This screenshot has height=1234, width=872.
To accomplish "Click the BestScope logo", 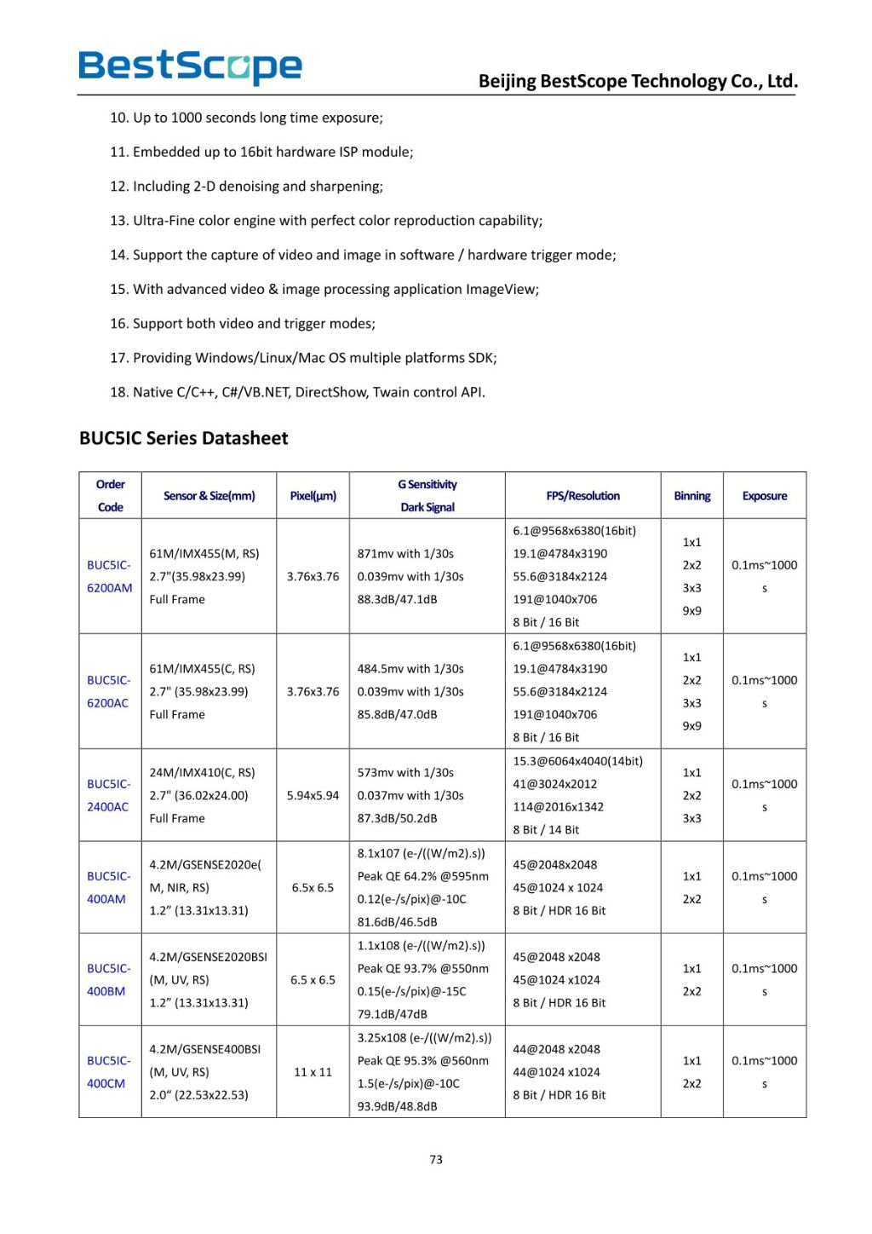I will point(190,66).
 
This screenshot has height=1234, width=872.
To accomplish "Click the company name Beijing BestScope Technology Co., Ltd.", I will point(638,81).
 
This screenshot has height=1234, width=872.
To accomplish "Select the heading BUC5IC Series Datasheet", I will point(183,438).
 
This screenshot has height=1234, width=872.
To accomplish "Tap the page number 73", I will point(436,1159).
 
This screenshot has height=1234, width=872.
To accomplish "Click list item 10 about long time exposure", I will point(246,118).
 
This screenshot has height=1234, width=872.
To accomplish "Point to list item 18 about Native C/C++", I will point(297,392).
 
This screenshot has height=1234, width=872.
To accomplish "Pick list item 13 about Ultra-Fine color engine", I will point(326,220).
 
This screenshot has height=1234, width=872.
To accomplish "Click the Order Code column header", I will point(110,495).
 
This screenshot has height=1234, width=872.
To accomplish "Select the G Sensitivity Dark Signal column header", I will point(427,495).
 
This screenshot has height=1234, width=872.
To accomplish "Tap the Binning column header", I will point(691,496).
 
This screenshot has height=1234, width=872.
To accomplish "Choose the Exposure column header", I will point(764,496).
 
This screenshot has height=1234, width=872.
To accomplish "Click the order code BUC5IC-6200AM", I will point(109,576).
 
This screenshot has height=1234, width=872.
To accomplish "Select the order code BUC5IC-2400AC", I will point(108,795).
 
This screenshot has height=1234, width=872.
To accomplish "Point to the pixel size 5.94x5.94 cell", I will point(313,795).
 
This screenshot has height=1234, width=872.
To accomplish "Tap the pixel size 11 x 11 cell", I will point(313,1072).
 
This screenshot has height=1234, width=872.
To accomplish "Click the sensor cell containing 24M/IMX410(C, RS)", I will point(202,773).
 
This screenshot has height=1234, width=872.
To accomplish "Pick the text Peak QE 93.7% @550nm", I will point(423,968).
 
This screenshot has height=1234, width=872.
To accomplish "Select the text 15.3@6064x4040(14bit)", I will point(577,761).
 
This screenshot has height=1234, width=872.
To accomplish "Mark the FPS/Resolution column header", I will point(582,496).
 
